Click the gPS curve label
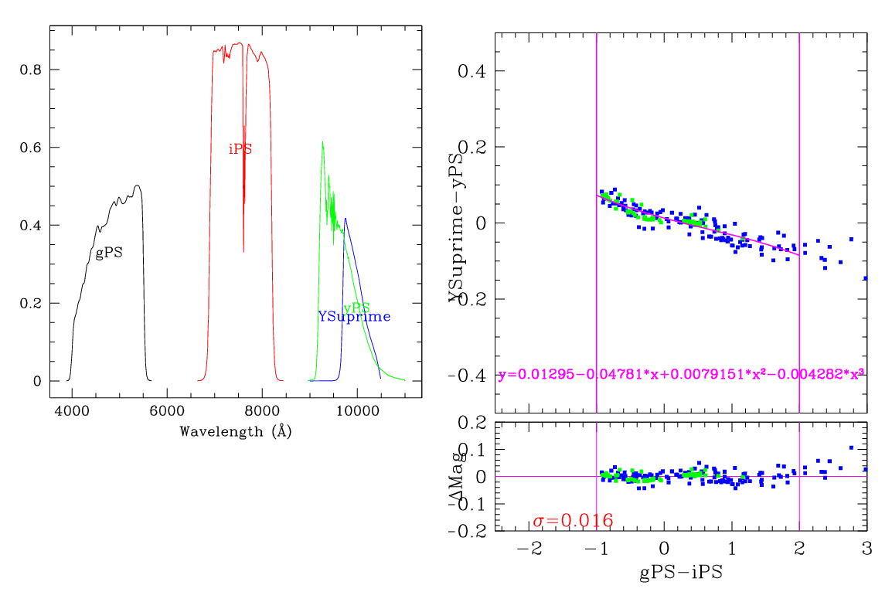click(x=109, y=253)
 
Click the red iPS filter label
click(x=240, y=149)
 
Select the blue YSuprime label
click(x=354, y=317)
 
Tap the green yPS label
click(x=356, y=308)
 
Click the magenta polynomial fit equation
click(x=681, y=375)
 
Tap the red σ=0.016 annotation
click(x=573, y=521)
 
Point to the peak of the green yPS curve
click(x=322, y=141)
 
